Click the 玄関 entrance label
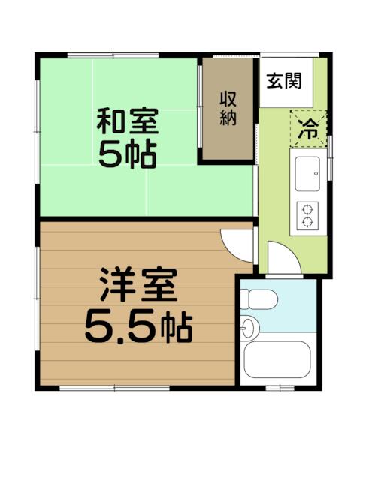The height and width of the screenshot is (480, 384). pyautogui.click(x=284, y=81)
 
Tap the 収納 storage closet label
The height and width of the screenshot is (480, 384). pyautogui.click(x=228, y=108)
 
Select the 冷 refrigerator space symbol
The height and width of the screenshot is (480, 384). pyautogui.click(x=308, y=129)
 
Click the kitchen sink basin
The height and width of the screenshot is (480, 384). pyautogui.click(x=307, y=174)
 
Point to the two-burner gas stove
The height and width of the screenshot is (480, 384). pyautogui.click(x=307, y=215)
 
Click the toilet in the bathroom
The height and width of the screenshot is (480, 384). pyautogui.click(x=259, y=299)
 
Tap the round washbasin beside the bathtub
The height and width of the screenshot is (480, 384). pyautogui.click(x=249, y=328)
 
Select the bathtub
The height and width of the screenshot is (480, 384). pyautogui.click(x=277, y=359)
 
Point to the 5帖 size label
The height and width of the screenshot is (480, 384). pyautogui.click(x=128, y=154)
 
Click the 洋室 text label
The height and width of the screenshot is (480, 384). pyautogui.click(x=138, y=284)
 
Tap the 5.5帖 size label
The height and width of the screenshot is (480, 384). pyautogui.click(x=138, y=327)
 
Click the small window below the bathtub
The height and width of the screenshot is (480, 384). pyautogui.click(x=280, y=388)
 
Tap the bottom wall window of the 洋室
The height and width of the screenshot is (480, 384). pyautogui.click(x=114, y=388)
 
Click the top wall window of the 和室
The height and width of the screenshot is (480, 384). pyautogui.click(x=113, y=55)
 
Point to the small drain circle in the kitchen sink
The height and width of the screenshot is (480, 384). pyautogui.click(x=316, y=174)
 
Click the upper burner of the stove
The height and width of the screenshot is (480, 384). pyautogui.click(x=307, y=210)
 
